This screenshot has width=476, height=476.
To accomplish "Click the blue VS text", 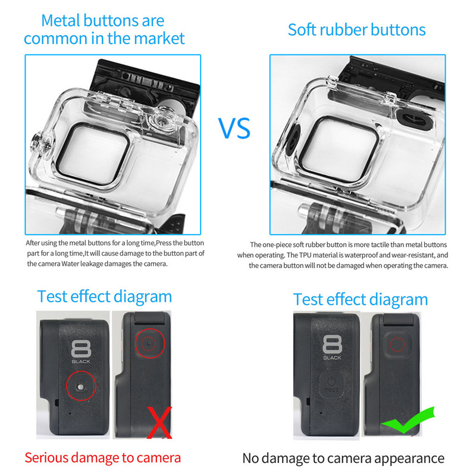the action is pyautogui.click(x=234, y=128).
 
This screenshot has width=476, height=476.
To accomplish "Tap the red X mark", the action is pyautogui.click(x=159, y=422).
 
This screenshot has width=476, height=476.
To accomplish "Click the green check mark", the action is pyautogui.click(x=408, y=419).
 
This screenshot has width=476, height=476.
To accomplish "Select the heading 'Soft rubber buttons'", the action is pyautogui.click(x=356, y=30).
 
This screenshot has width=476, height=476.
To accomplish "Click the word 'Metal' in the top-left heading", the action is pyautogui.click(x=61, y=21).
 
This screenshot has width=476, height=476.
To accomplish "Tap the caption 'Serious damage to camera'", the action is pyautogui.click(x=102, y=458).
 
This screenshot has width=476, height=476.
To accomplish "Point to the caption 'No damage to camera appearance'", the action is pyautogui.click(x=343, y=458).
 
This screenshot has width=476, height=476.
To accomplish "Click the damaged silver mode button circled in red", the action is pyautogui.click(x=80, y=387).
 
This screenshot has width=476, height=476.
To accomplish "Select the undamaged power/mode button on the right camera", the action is pyautogui.click(x=331, y=383).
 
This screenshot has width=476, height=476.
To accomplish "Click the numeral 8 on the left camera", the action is pyautogui.click(x=81, y=349).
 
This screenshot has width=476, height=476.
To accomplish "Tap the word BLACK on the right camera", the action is pyautogui.click(x=332, y=358).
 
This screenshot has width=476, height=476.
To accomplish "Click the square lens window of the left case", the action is pyautogui.click(x=93, y=155).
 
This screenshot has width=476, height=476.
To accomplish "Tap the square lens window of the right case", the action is pyautogui.click(x=343, y=149).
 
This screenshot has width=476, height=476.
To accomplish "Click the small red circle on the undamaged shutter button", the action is pyautogui.click(x=397, y=345).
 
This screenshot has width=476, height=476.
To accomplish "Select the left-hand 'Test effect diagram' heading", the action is pyautogui.click(x=105, y=297).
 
